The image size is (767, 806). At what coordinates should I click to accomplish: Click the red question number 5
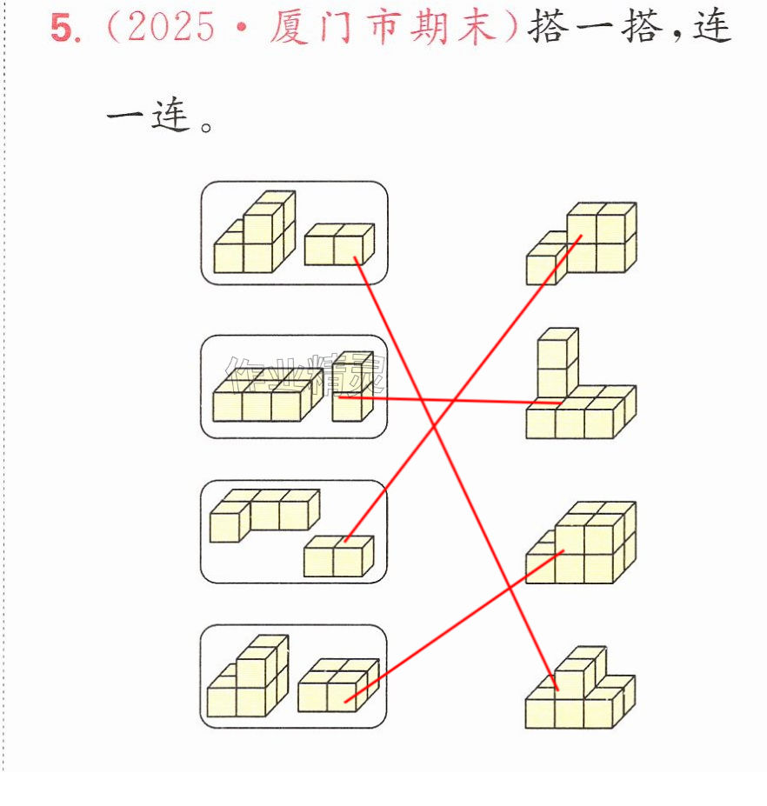point(63,28)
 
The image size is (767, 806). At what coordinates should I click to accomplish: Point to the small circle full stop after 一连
point(206,127)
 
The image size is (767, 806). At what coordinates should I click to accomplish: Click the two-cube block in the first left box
point(339,244)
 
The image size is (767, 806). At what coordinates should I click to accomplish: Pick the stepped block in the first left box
point(255,232)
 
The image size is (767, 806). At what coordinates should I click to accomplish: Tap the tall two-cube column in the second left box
point(353,387)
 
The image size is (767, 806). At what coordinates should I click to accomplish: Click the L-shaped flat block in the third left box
point(264,515)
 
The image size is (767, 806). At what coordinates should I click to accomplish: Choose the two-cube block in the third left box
point(339,556)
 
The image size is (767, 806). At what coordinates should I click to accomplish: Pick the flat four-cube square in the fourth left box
point(338,685)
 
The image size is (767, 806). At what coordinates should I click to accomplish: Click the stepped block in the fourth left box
point(248,676)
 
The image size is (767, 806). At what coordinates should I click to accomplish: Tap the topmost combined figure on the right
point(582,243)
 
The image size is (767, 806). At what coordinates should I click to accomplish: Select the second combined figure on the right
point(581,383)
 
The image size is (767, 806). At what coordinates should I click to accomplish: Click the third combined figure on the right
point(581,543)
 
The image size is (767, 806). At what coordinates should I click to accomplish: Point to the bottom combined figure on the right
point(580,687)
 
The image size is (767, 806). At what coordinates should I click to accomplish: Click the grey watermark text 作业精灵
point(306,373)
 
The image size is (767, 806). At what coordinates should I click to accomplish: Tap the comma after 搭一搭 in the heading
point(677,35)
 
